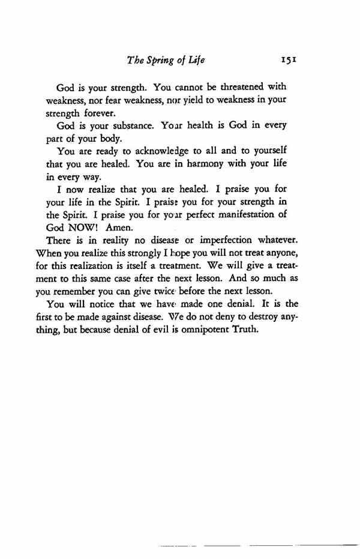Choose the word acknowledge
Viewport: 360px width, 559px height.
166,153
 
